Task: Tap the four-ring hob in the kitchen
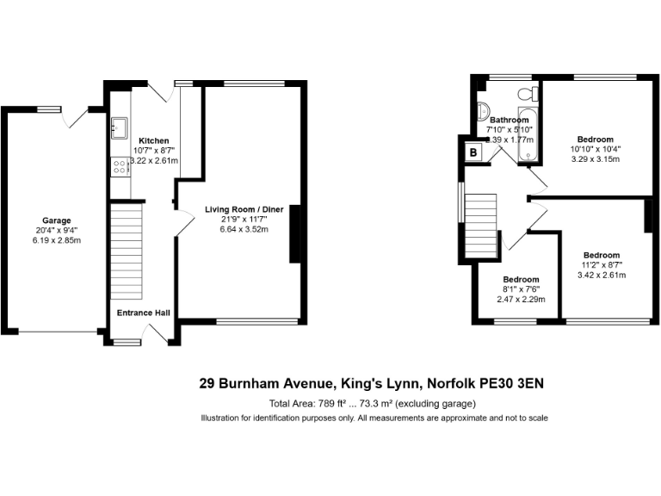[x=119, y=166]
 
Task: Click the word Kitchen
[x=154, y=140]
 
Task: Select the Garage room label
[x=57, y=220]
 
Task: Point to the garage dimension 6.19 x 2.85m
[x=57, y=241]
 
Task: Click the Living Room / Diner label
[x=244, y=208]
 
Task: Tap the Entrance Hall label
[x=143, y=313]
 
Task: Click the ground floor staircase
[x=126, y=250]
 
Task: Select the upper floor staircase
[x=480, y=220]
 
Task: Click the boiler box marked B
[x=473, y=152]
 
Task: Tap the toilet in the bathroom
[x=526, y=94]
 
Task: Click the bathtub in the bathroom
[x=528, y=136]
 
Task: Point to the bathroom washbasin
[x=483, y=110]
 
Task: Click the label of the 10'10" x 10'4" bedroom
[x=595, y=139]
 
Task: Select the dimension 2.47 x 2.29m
[x=521, y=300]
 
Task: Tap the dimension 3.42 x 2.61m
[x=601, y=276]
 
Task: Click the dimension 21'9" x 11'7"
[x=244, y=219]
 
